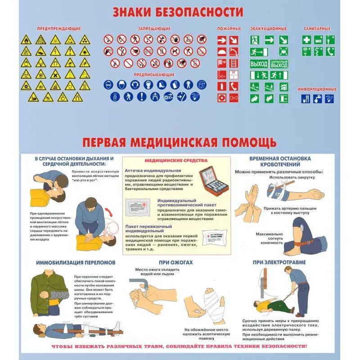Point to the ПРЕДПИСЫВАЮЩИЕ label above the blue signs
click(154, 74)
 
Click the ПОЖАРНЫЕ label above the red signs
click(229, 28)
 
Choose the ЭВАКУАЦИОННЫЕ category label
click(269, 28)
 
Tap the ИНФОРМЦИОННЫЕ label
click(317, 89)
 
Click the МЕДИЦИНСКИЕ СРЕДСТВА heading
click(176, 161)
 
